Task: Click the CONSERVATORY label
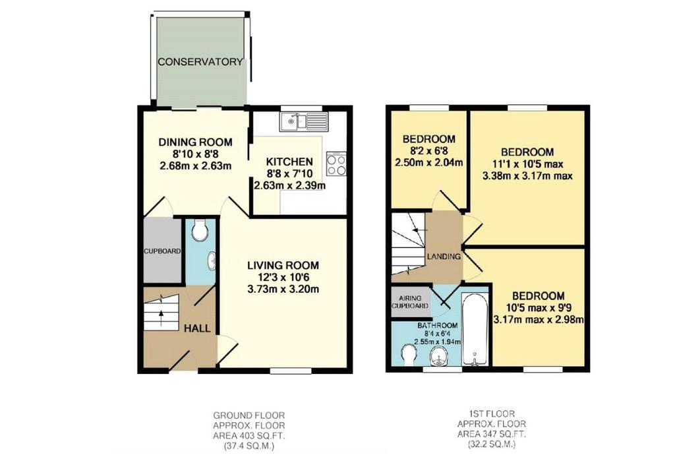tap(200, 61)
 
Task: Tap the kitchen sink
tap(304, 121)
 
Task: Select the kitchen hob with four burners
tap(336, 164)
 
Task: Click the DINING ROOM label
tap(195, 142)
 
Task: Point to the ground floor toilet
tap(199, 230)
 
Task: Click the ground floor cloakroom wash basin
tap(212, 262)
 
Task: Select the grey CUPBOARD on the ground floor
tap(162, 251)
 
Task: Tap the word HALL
tap(198, 328)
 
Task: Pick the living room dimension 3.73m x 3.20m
tap(283, 290)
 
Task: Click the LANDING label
tap(444, 257)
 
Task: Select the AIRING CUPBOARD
tap(410, 302)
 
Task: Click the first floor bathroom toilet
tap(409, 355)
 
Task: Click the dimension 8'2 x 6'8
tap(429, 151)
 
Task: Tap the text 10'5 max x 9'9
tap(539, 308)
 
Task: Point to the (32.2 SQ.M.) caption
tap(492, 444)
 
